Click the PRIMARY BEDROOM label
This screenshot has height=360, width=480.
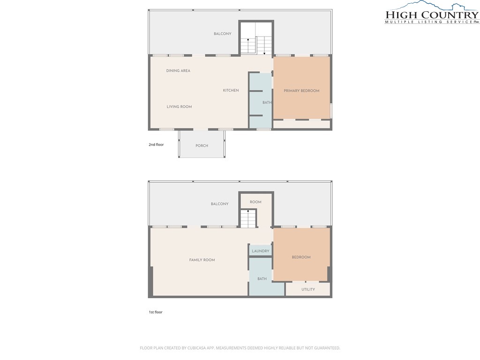[x=301, y=90]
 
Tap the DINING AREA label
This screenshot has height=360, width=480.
[x=178, y=71]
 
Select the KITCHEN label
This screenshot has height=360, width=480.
[x=231, y=90]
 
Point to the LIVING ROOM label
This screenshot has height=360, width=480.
[x=179, y=107]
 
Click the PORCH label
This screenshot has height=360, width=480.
[x=202, y=146]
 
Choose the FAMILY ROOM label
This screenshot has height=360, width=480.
[x=202, y=260]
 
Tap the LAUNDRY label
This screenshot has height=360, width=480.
[x=260, y=251]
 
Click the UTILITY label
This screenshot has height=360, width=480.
[x=308, y=289]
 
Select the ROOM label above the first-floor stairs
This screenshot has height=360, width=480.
[x=255, y=202]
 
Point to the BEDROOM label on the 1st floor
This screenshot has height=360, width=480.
[x=301, y=257]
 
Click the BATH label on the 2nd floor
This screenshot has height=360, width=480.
[x=267, y=103]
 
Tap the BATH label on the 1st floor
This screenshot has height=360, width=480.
[x=262, y=279]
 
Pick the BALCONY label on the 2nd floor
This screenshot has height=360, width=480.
[x=222, y=34]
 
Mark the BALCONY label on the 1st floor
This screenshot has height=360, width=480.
[x=219, y=204]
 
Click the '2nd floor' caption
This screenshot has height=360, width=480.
[x=156, y=145]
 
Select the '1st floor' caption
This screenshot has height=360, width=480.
[x=156, y=312]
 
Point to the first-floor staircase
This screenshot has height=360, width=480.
[x=248, y=218]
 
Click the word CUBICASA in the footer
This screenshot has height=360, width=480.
[x=203, y=348]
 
